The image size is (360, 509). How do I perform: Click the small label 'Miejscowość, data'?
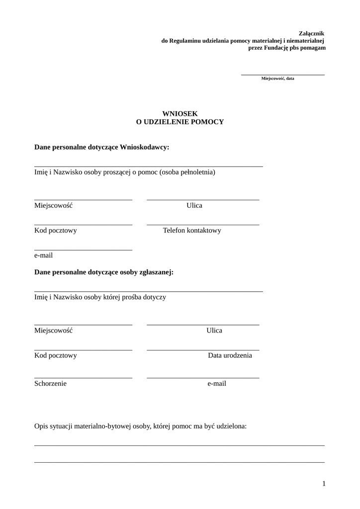click(277, 79)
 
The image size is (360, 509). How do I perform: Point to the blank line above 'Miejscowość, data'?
click(282, 75)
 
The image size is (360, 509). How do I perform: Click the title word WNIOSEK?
click(180, 114)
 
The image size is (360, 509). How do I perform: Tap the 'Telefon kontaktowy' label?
click(192, 231)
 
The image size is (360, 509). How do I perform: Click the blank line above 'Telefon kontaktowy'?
click(203, 225)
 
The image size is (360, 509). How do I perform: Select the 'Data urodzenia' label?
click(230, 355)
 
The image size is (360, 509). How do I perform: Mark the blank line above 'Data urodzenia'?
click(203, 350)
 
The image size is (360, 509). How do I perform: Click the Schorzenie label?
click(50, 384)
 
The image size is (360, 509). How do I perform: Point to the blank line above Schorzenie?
click(83, 378)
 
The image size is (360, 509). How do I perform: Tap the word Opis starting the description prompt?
click(42, 426)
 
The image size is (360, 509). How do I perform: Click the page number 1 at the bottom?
click(324, 484)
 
